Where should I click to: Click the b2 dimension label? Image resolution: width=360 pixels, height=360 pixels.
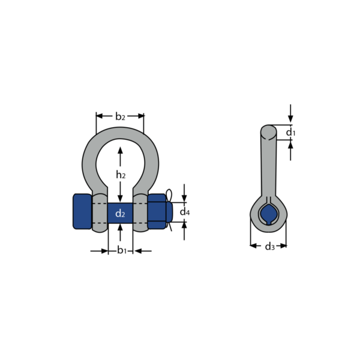pos(120,116)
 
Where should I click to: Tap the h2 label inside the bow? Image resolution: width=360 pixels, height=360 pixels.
pos(121,175)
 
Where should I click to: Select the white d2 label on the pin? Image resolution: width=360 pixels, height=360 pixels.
pos(120,214)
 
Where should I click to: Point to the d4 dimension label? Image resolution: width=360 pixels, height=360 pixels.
pos(185,212)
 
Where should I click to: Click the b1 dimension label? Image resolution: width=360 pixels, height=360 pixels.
pos(122,250)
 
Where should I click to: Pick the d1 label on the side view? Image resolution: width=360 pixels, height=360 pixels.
pos(290,132)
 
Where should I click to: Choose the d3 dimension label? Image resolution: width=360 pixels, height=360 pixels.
pos(270,247)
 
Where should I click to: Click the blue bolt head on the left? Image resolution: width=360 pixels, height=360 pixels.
pos(82,211)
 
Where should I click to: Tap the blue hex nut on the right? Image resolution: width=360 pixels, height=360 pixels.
pos(157,211)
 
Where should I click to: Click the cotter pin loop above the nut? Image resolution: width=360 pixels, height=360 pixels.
pos(169,194)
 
